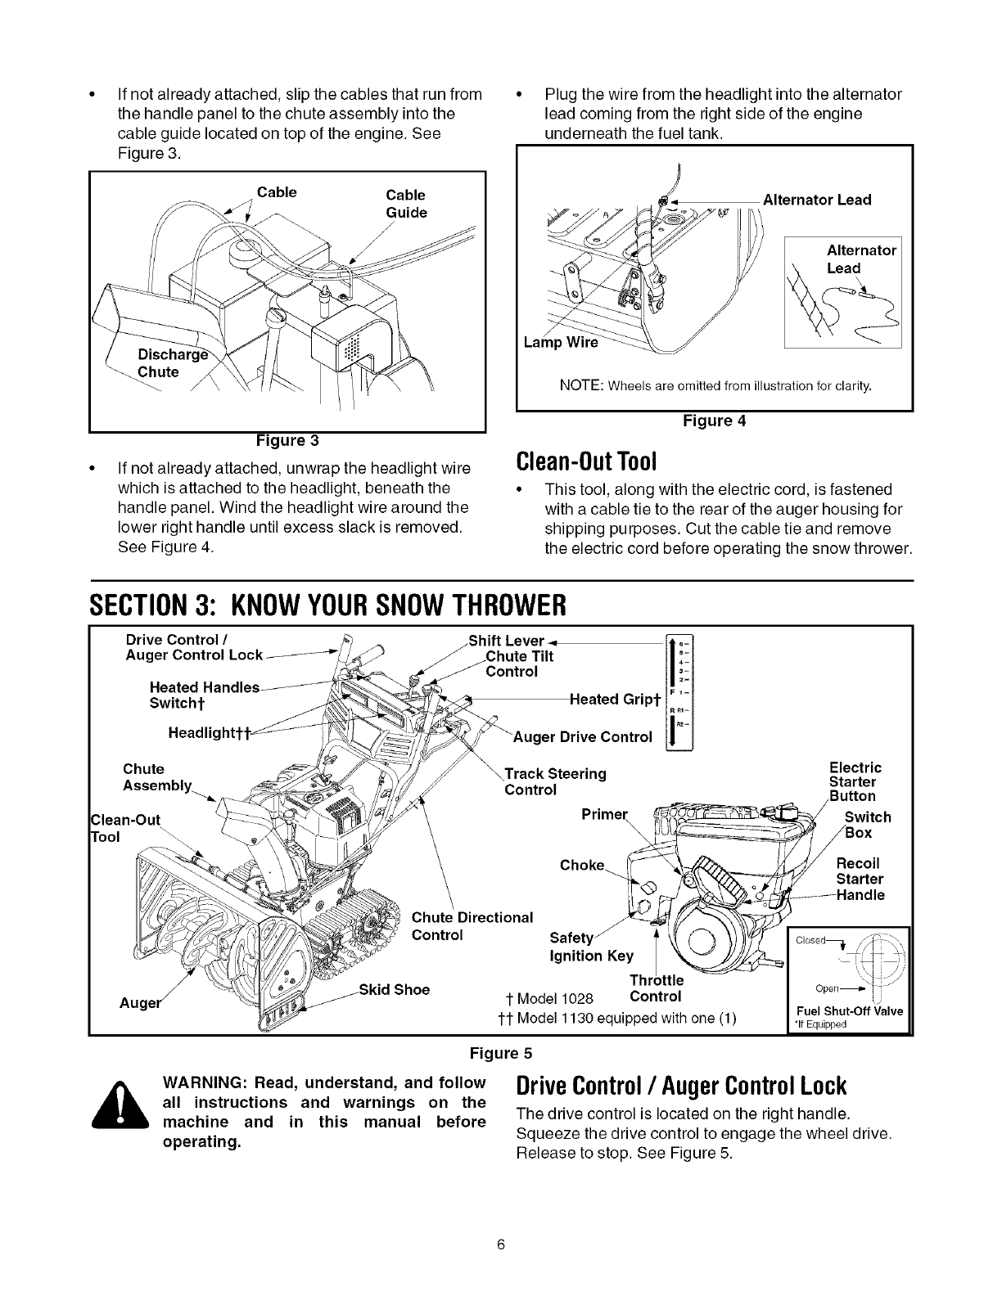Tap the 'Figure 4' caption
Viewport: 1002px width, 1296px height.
[715, 421]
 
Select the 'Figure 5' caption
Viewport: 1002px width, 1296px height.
[500, 1051]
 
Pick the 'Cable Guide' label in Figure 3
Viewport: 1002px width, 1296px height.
[406, 204]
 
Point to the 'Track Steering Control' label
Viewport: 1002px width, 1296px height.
[555, 781]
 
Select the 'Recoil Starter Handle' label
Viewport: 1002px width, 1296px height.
[860, 879]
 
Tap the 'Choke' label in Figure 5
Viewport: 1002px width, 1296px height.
[581, 866]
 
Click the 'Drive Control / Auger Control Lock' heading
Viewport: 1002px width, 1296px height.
[679, 1087]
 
